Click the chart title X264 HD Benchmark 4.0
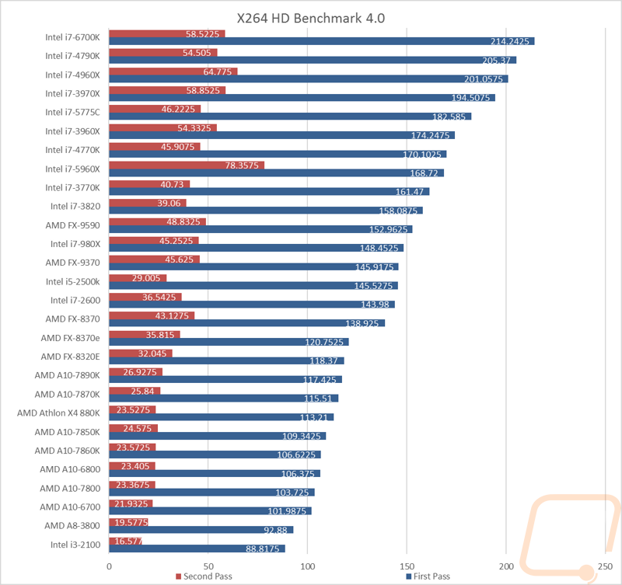[310, 17]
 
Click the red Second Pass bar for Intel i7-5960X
[187, 165]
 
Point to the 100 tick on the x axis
[308, 566]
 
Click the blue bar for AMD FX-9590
[260, 229]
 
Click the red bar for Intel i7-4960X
[173, 71]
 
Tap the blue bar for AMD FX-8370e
[229, 342]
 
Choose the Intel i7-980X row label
[76, 244]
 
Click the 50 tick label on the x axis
[208, 566]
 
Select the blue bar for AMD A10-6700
[210, 511]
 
